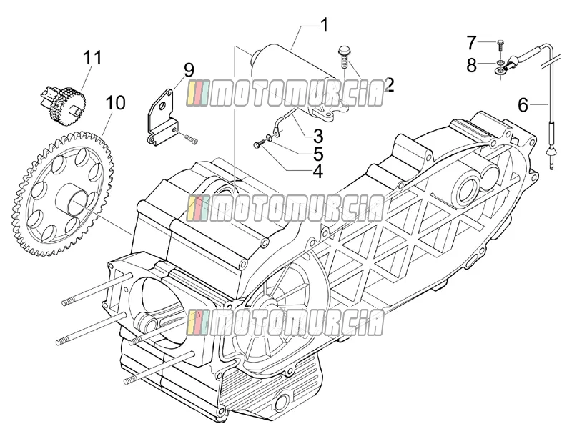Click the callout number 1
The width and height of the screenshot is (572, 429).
coord(324,26)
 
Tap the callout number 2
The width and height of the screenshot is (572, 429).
coord(389,84)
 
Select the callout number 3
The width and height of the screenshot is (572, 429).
coord(317,136)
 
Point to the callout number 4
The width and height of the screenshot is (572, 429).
coord(317,171)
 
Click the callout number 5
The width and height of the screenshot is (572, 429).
coord(318,154)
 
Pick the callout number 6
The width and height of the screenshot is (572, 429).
coord(523,105)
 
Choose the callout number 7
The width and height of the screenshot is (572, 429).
coord(472,43)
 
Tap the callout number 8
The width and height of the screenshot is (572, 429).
coord(472,66)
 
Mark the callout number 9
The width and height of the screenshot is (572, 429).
coord(189,70)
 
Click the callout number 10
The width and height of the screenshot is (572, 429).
coord(115,103)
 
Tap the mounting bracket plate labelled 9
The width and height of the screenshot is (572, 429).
coord(163,117)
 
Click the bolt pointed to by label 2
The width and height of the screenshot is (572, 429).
coord(343,57)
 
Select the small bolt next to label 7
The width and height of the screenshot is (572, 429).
coord(500,46)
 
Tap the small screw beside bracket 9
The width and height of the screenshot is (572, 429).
coord(192,139)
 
